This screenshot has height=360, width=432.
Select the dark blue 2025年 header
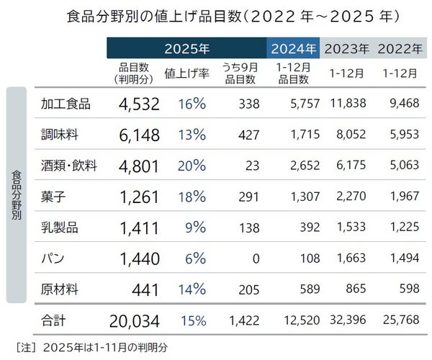click(186, 49)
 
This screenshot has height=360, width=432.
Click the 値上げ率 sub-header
click(186, 73)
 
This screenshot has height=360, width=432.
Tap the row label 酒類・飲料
click(71, 166)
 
